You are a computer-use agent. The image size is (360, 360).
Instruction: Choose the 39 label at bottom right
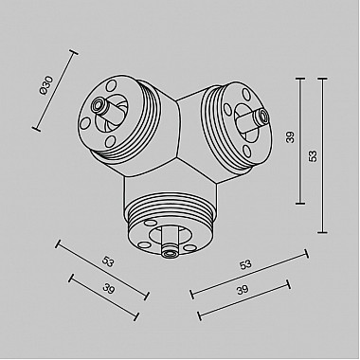coord(244,291)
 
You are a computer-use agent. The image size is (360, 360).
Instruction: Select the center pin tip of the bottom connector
coord(170,253)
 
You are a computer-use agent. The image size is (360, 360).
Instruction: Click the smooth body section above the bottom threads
coord(171,185)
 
